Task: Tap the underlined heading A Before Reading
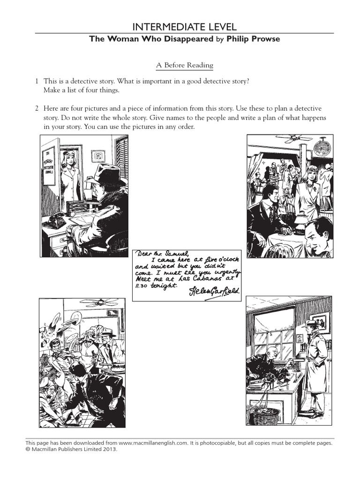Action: (185, 65)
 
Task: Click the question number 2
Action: (36, 109)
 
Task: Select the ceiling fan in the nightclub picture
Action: (293, 137)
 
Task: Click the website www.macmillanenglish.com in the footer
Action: (148, 442)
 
